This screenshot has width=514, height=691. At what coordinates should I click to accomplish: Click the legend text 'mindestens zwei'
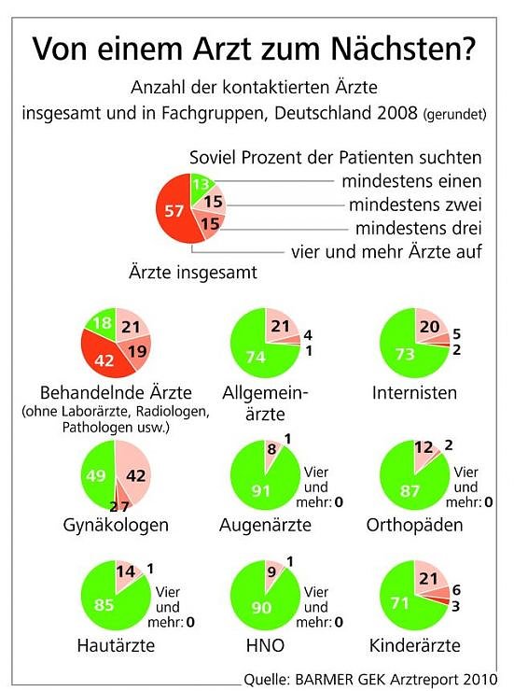click(411, 204)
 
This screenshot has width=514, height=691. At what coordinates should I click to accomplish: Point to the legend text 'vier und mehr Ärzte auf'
click(386, 251)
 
